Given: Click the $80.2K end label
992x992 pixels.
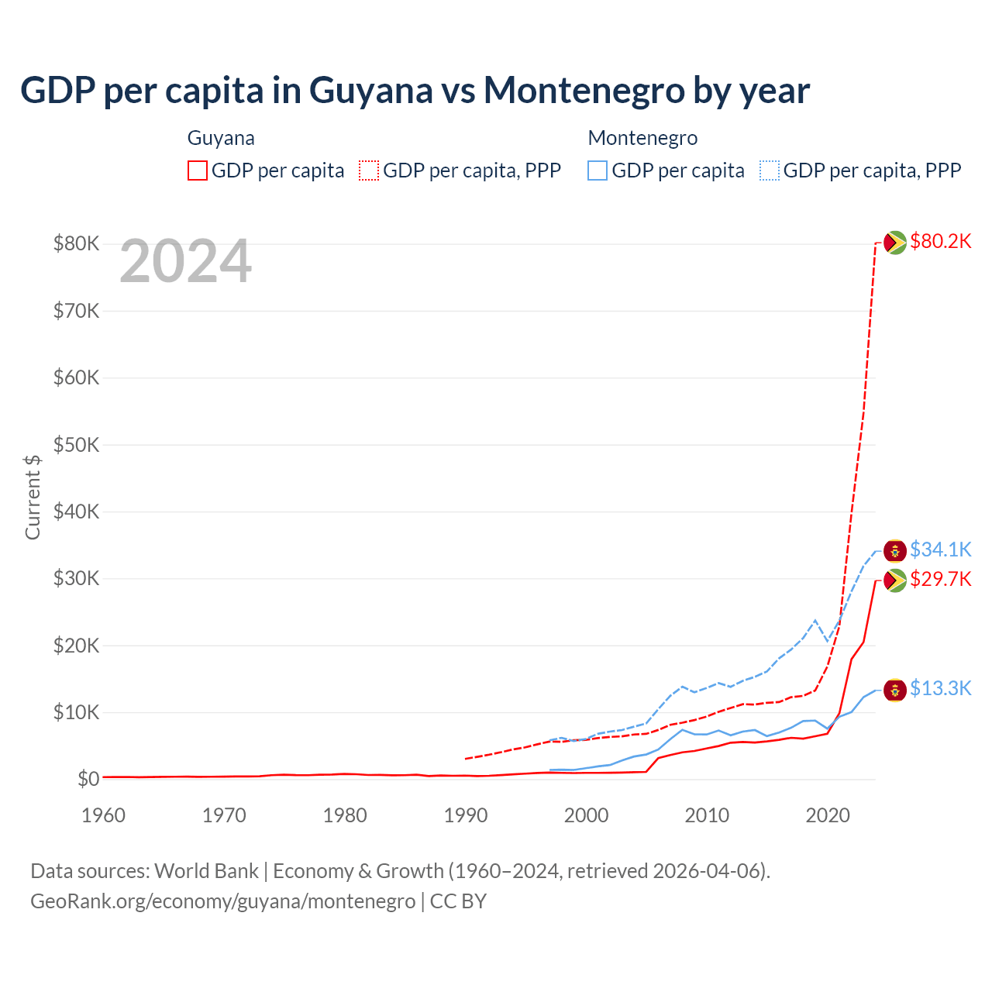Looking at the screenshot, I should [x=940, y=242].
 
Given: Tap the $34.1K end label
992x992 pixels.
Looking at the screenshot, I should [x=940, y=549].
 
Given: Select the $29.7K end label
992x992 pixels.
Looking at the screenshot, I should [x=940, y=579].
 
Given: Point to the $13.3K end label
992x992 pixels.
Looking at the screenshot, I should [x=940, y=688].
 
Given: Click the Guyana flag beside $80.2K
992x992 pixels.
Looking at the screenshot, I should [x=895, y=243].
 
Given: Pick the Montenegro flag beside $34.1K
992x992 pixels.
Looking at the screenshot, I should [x=895, y=551].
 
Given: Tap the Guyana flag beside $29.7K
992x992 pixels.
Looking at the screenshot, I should [x=895, y=580].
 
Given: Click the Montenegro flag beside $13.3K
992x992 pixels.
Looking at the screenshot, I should [x=895, y=689].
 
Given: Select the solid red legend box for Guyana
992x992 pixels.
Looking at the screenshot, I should [x=198, y=170].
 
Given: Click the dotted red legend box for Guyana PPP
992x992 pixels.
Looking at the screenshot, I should [x=369, y=170].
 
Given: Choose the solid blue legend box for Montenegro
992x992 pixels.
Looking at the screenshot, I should [x=598, y=170].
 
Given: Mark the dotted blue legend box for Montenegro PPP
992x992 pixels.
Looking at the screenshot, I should [x=770, y=170].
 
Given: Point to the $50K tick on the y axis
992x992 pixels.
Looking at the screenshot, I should [x=76, y=445].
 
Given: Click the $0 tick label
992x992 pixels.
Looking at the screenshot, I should [x=88, y=779].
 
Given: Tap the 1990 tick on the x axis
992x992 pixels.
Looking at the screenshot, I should [x=466, y=815].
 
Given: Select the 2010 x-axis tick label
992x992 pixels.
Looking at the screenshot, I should [x=707, y=815].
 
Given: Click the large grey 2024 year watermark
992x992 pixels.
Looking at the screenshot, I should [x=186, y=262].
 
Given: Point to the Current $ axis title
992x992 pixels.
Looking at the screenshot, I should [x=33, y=497].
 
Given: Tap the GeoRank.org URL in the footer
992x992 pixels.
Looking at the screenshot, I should [x=223, y=901].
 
